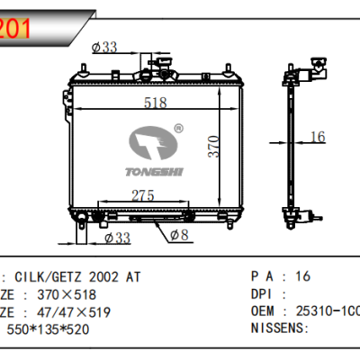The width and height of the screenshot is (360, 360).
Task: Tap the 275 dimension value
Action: point(145,194)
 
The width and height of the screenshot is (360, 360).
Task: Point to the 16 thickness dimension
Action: point(316,136)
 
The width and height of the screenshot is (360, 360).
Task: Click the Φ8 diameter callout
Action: point(178,235)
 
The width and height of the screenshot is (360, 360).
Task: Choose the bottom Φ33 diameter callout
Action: point(118,238)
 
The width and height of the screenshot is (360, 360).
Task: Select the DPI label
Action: point(262,294)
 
